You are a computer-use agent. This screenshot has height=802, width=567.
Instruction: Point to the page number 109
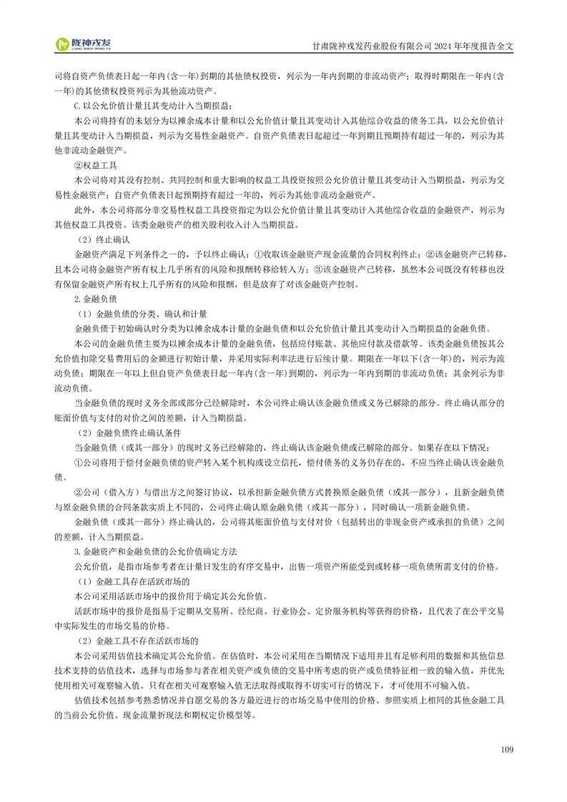(x=507, y=750)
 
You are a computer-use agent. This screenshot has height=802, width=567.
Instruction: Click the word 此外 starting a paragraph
(x=83, y=211)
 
